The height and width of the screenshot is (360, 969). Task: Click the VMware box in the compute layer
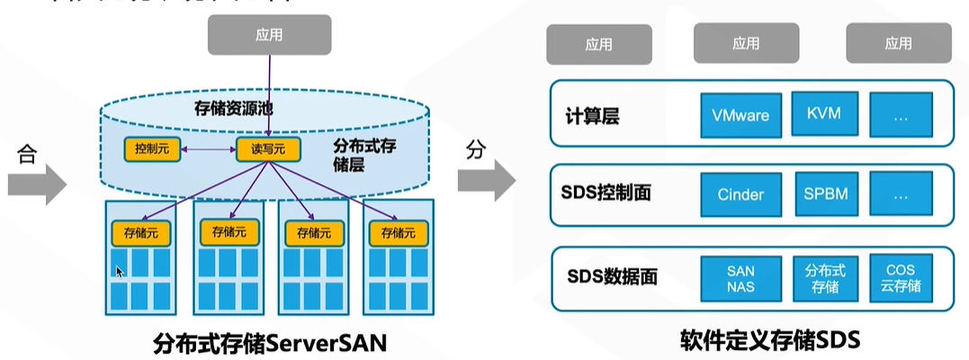pos(740,115)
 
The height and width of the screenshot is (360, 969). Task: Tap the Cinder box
pos(740,194)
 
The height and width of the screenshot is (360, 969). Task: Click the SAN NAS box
pos(740,277)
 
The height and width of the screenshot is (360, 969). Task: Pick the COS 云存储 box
pos(900,277)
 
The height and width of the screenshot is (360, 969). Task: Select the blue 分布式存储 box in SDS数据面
pos(821,277)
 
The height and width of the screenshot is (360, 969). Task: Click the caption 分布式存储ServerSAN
pos(270,342)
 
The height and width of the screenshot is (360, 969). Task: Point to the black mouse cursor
pos(120,270)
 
